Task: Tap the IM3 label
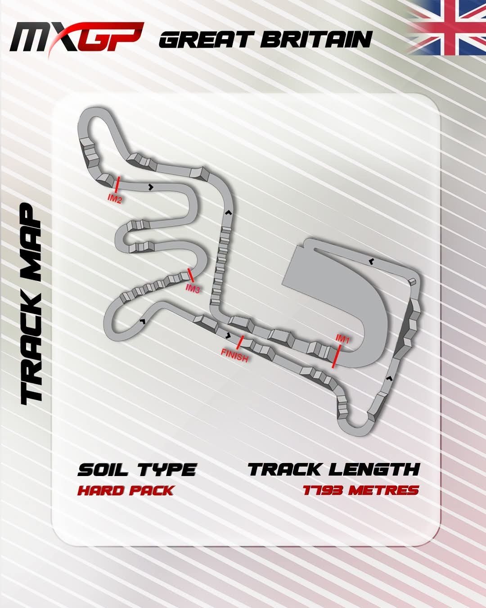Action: (193, 289)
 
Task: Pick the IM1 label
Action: (342, 339)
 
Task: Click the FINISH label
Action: (234, 356)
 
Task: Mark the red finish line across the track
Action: (240, 342)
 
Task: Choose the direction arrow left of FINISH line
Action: (228, 336)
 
